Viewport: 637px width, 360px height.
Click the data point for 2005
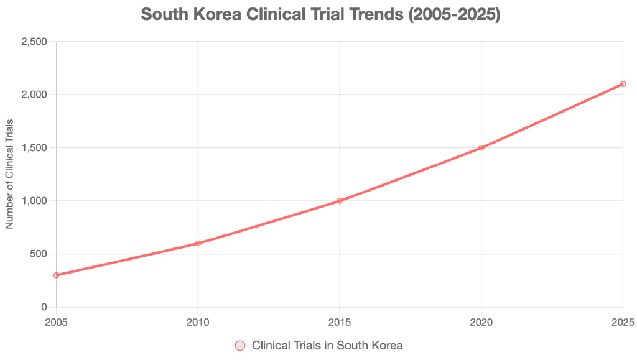click(57, 275)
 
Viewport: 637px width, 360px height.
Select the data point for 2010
click(198, 243)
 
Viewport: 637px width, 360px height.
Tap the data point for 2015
click(340, 201)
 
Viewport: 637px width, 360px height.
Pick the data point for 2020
click(481, 147)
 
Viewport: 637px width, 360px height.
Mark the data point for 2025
click(623, 84)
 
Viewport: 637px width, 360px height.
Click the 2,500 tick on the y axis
click(35, 42)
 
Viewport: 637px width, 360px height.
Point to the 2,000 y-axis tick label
click(35, 95)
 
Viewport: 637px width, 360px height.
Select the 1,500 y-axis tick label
click(35, 148)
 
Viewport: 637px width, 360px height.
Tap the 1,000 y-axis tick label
click(35, 201)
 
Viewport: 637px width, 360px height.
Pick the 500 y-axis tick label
click(39, 254)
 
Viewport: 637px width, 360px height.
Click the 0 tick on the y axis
click(45, 307)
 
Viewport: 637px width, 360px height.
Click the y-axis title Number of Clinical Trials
click(9, 174)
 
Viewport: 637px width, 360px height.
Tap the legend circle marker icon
click(240, 345)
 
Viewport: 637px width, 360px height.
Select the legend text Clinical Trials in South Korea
click(327, 345)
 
